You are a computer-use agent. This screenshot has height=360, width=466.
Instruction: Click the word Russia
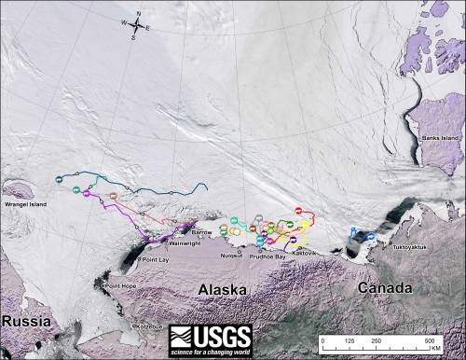click(x=25, y=321)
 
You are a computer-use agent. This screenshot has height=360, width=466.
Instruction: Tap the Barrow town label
click(x=201, y=230)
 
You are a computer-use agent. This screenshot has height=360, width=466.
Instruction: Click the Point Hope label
click(x=119, y=286)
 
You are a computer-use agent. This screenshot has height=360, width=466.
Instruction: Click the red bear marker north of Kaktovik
click(x=298, y=211)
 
